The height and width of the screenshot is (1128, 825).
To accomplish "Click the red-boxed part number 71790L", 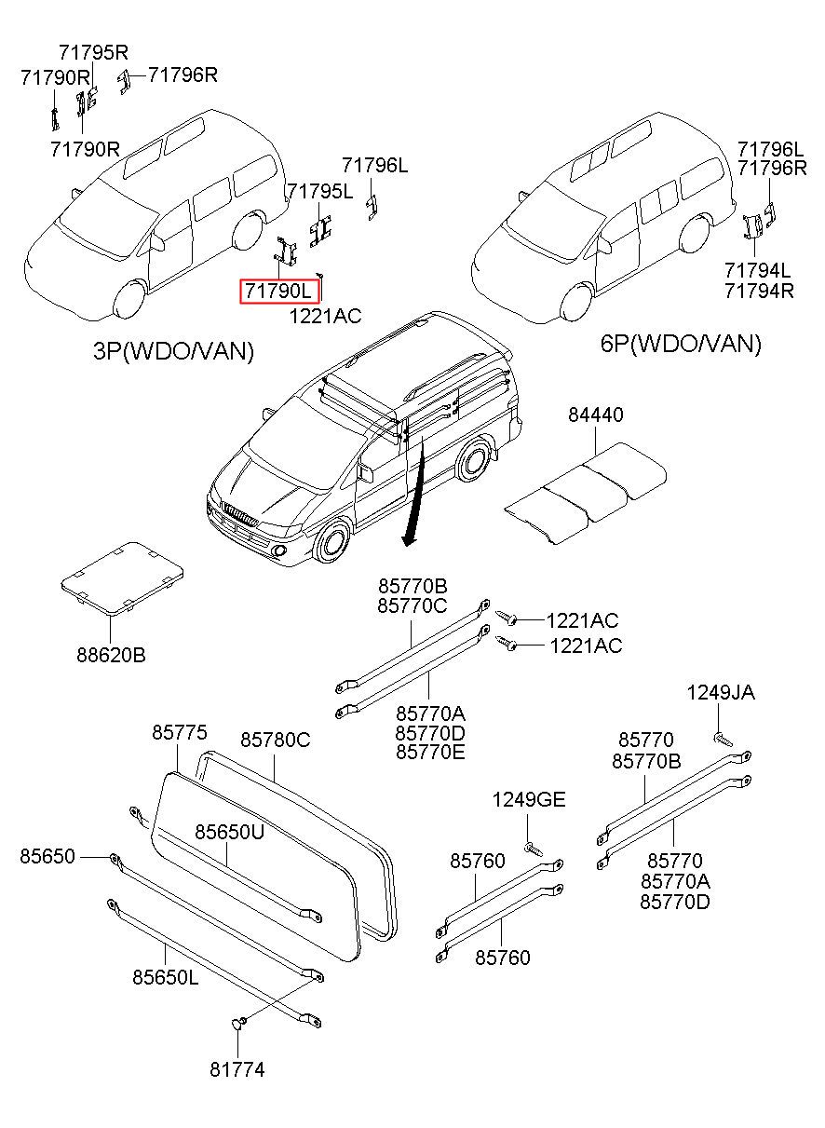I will [280, 292].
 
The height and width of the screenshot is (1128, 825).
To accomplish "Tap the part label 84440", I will [596, 415].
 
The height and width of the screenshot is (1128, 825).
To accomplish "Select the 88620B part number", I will [111, 655].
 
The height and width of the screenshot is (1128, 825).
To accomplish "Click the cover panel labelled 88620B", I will [121, 577].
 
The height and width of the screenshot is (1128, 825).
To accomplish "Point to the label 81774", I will [237, 1070].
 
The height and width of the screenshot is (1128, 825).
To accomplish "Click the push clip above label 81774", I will [240, 1024].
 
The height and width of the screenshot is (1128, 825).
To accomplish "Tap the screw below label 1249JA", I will [724, 740].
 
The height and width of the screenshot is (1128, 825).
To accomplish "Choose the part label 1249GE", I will [529, 800].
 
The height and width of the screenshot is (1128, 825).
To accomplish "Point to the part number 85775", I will [180, 733].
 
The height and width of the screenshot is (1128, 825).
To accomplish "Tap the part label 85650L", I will [165, 977].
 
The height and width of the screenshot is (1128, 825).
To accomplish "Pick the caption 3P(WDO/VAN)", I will [173, 351].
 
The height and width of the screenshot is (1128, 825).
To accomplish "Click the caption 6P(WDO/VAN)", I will [681, 344].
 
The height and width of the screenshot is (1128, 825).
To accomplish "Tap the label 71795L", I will [320, 192].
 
